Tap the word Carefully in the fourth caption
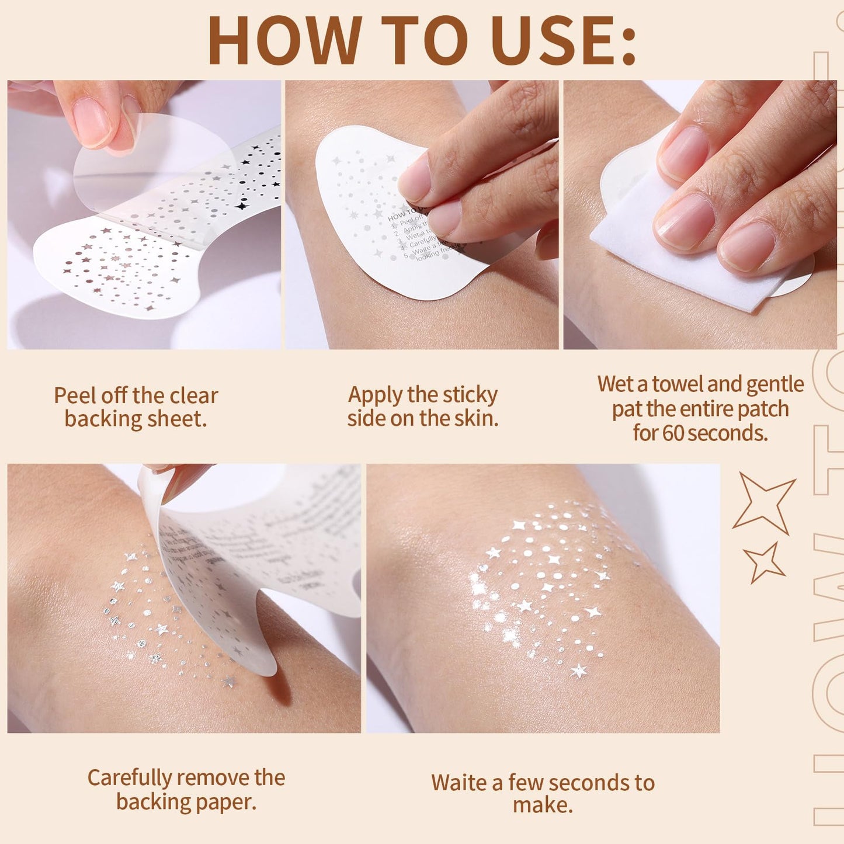click(130, 778)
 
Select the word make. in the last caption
click(543, 805)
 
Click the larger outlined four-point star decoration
click(764, 502)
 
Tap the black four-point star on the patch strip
click(241, 206)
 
